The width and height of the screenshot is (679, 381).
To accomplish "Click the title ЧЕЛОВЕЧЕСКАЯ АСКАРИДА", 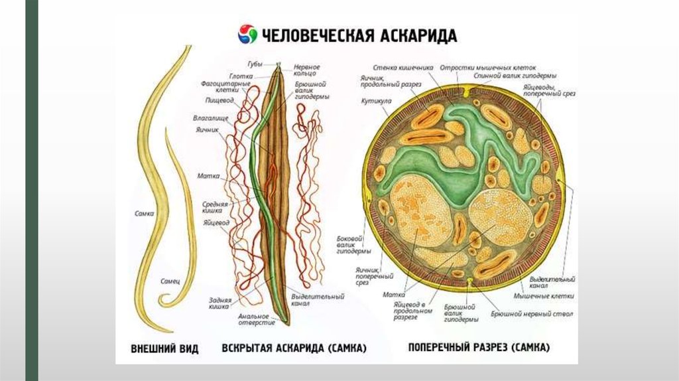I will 359,35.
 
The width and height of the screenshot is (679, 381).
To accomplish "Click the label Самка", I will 144,214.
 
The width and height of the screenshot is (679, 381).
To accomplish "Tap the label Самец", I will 170,281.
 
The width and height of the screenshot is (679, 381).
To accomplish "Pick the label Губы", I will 255,64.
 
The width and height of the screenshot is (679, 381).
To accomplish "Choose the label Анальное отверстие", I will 255,319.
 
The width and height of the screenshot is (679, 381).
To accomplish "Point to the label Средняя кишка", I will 216,207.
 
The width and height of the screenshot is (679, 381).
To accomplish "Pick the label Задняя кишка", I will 220,303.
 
